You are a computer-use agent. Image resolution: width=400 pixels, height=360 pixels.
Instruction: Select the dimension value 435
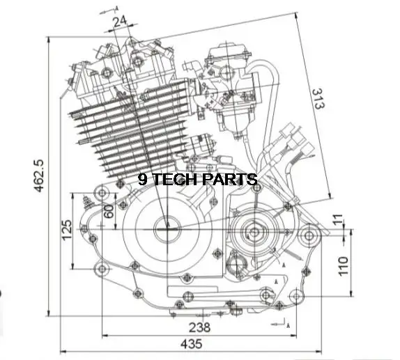[191, 343]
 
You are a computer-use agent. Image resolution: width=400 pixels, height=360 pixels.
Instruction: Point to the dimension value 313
[316, 102]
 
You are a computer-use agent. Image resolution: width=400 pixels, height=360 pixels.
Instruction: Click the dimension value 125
[66, 230]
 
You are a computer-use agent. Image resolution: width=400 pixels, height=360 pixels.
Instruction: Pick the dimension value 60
[108, 210]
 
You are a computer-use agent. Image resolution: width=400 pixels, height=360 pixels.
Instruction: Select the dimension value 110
[342, 265]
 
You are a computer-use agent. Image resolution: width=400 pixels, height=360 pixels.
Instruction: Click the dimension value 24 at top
[119, 22]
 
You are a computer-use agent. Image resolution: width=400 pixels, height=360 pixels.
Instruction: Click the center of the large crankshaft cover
[167, 226]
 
